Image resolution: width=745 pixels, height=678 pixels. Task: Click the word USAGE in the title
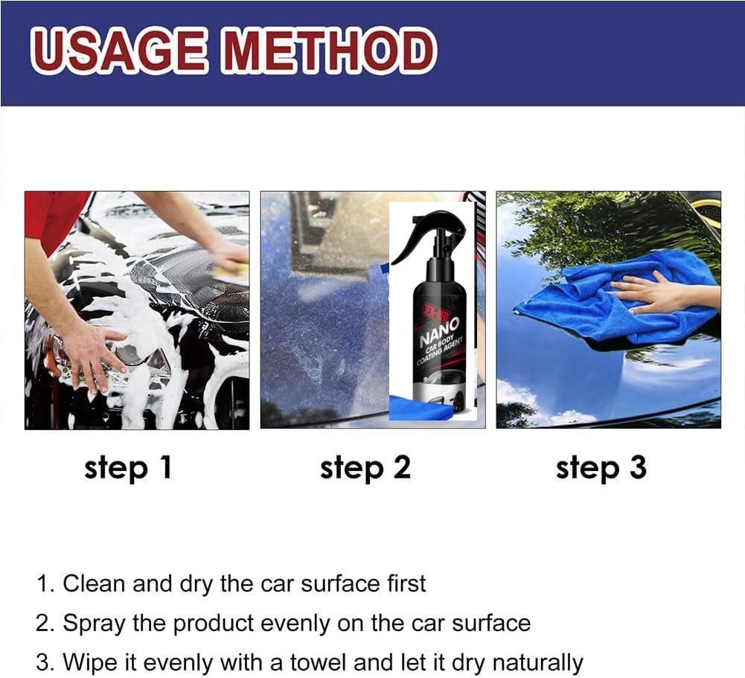click(119, 51)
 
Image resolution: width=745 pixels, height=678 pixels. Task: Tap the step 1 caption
click(128, 468)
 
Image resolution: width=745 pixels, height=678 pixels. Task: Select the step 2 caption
click(365, 468)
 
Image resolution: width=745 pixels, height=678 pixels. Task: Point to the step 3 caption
click(601, 468)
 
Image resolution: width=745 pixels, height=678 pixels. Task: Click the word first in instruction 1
click(406, 583)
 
